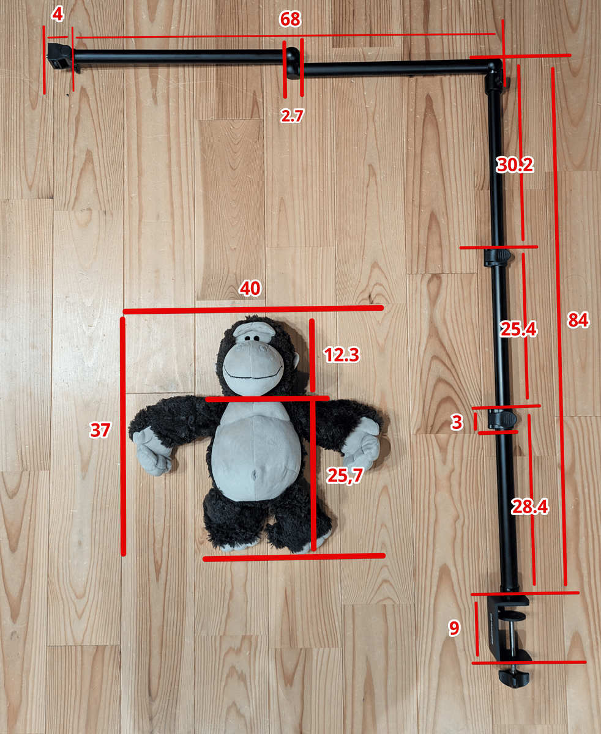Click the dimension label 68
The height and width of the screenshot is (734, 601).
click(x=290, y=20)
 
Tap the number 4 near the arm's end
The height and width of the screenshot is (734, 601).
click(x=58, y=15)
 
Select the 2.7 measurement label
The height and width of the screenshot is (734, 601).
click(x=292, y=116)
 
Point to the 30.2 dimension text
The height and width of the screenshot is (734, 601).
click(x=515, y=165)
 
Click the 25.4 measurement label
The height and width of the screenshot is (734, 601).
click(x=518, y=329)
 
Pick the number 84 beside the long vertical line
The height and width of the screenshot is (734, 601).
click(x=578, y=320)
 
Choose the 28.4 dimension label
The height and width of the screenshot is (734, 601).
click(x=529, y=506)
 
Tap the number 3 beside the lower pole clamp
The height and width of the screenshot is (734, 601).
click(x=457, y=423)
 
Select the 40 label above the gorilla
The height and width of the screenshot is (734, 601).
click(x=250, y=289)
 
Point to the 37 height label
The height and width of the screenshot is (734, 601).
click(x=100, y=430)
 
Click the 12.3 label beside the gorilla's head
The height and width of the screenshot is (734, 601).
click(x=342, y=355)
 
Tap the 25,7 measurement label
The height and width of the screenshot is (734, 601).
click(x=345, y=475)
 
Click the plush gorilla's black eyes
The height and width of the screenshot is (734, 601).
click(x=252, y=338)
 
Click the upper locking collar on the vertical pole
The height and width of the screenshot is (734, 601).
click(x=497, y=257)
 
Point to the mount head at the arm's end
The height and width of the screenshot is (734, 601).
click(x=60, y=57)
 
